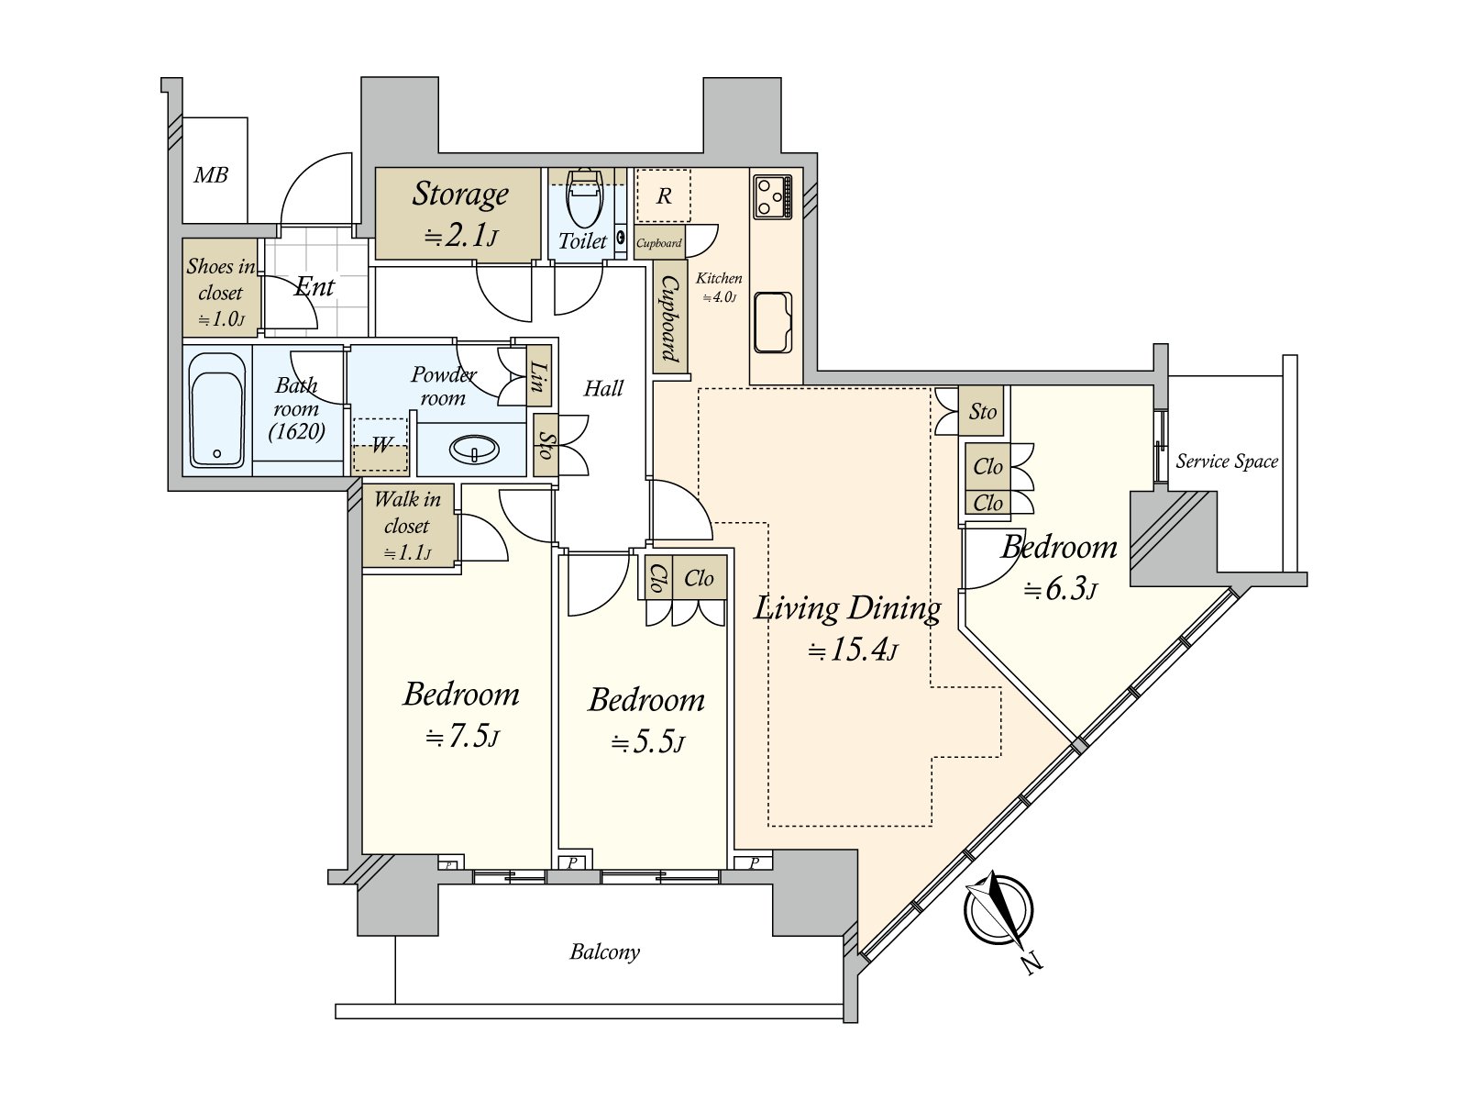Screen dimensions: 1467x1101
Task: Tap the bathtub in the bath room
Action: click(216, 410)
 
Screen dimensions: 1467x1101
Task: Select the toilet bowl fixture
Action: click(584, 197)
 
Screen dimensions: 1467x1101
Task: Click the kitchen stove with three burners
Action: click(773, 196)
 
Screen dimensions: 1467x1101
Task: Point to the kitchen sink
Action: click(773, 322)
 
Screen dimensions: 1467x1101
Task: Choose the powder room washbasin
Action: click(474, 449)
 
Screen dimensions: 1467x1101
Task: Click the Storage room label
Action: click(460, 194)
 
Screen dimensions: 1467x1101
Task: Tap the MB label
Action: click(211, 175)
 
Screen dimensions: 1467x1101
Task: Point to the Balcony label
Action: click(605, 951)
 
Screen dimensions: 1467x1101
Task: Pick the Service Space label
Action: click(1227, 462)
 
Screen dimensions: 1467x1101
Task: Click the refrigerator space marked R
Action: click(664, 195)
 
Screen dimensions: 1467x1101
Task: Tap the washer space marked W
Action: click(380, 445)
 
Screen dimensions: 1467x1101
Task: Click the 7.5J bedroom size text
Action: click(462, 738)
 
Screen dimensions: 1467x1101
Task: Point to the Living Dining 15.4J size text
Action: click(853, 649)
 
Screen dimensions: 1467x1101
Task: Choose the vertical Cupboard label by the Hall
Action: click(669, 319)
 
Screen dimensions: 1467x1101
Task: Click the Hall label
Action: click(603, 388)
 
